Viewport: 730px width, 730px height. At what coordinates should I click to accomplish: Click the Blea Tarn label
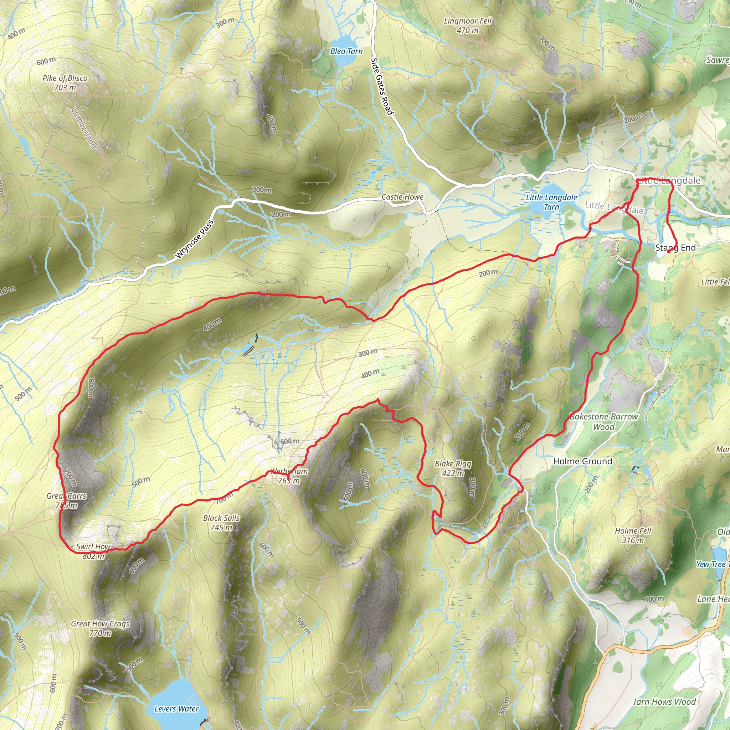point(346,51)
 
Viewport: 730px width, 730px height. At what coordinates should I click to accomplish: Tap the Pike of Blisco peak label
point(65,82)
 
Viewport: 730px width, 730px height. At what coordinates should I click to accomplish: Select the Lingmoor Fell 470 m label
point(467,25)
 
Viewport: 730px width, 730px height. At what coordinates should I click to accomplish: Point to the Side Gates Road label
point(382,86)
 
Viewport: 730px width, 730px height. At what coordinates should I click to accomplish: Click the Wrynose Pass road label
point(194,239)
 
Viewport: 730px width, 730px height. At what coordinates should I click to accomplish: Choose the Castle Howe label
point(402,197)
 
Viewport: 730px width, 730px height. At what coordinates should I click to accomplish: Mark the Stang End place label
point(675,248)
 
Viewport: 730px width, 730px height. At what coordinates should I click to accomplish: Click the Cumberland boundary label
point(84,128)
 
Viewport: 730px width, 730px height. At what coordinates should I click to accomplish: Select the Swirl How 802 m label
point(93,551)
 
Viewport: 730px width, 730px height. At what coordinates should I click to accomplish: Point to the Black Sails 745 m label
point(221,523)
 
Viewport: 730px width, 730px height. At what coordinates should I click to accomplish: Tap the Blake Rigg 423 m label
point(453,468)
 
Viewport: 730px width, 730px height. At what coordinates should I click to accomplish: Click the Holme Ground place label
point(582,461)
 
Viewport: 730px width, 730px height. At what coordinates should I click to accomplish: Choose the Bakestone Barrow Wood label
point(603,421)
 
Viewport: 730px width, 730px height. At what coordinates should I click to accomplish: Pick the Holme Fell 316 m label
point(633,535)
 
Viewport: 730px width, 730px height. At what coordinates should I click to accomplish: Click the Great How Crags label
point(100,628)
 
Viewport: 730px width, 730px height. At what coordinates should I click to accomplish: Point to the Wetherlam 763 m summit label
point(289,476)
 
